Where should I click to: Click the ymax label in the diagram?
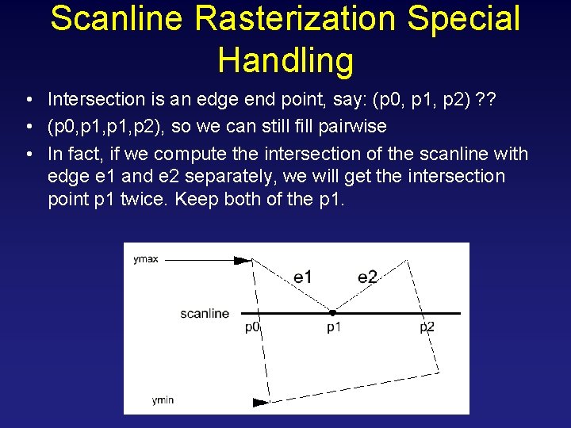click(x=146, y=258)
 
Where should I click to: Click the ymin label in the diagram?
click(x=163, y=400)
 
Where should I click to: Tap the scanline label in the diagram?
click(x=205, y=314)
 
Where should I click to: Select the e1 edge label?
click(x=302, y=277)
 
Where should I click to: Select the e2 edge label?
click(x=367, y=277)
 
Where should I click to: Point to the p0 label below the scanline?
click(x=252, y=327)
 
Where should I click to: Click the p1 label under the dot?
click(x=334, y=327)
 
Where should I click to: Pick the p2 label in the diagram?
click(x=427, y=327)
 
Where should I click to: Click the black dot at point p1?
click(x=333, y=312)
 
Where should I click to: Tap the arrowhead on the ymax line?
click(x=241, y=259)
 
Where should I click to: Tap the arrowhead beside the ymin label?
click(x=261, y=402)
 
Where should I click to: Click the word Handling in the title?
click(x=285, y=59)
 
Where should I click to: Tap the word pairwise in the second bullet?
click(x=360, y=126)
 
